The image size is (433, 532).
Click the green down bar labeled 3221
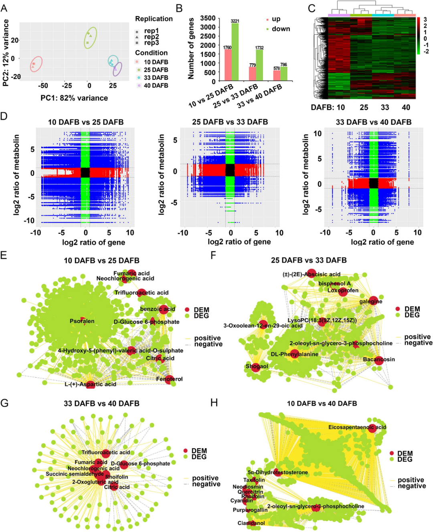[235, 52]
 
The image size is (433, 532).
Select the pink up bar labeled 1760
[228, 65]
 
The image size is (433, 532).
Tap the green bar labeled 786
[283, 74]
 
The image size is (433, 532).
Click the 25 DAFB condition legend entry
[156, 70]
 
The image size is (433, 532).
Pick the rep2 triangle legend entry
[151, 36]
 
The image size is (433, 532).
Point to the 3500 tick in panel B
[208, 18]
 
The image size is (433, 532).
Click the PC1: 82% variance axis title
[74, 98]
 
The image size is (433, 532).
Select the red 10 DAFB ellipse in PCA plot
[36, 64]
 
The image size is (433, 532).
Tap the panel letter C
[312, 8]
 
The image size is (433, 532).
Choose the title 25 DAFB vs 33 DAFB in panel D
[230, 122]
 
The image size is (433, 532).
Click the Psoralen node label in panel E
[82, 321]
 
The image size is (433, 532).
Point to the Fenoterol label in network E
[169, 379]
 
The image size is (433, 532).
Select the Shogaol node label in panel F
[257, 366]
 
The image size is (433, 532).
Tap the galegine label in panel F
[370, 301]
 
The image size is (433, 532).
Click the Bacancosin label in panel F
[378, 359]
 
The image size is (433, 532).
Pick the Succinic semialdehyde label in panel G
[75, 474]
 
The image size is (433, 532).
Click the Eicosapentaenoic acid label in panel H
[357, 427]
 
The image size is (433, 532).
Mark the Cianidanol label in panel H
[251, 523]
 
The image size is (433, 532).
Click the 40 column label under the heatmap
[406, 107]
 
